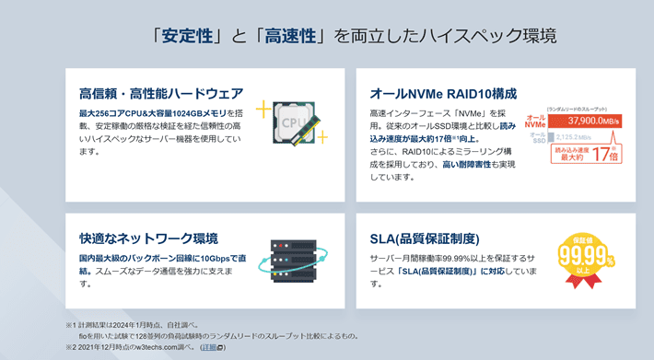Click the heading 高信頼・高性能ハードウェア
(161, 93)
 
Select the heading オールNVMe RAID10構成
(443, 93)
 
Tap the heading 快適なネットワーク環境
(148, 238)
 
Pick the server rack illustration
(294, 261)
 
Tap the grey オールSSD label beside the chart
(537, 137)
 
